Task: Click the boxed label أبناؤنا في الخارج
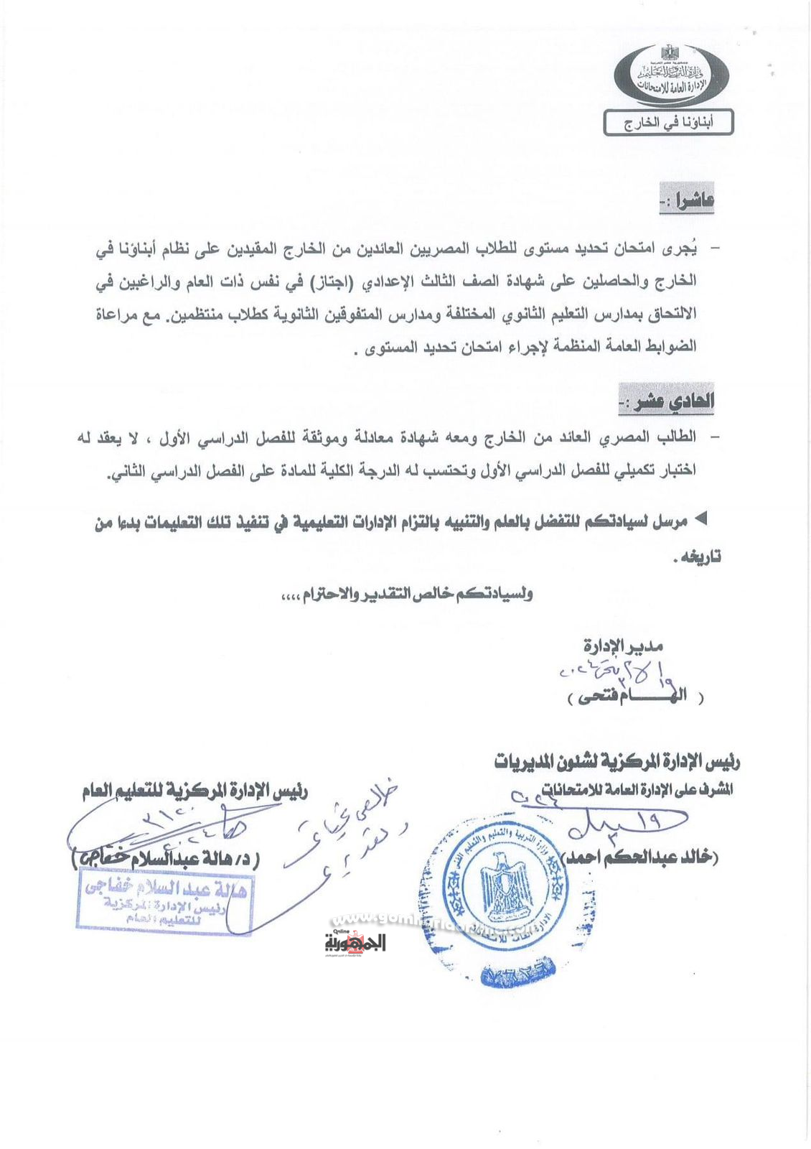point(668,123)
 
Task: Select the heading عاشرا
point(688,200)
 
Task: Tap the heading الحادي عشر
point(667,400)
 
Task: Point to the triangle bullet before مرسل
point(703,519)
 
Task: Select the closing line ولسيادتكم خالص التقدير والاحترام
point(407,594)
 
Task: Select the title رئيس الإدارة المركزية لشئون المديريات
point(617,760)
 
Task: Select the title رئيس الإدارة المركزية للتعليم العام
point(195,791)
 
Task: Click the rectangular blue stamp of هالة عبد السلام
point(164,900)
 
